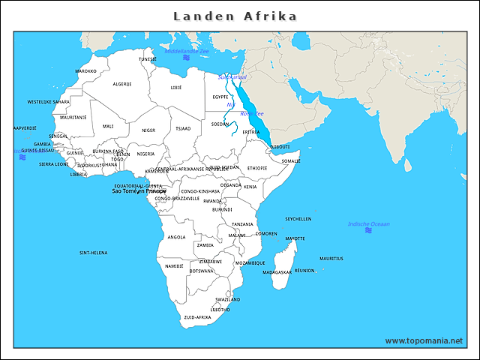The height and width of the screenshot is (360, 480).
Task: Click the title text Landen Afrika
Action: click(235, 16)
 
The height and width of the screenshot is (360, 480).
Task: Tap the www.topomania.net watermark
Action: click(424, 340)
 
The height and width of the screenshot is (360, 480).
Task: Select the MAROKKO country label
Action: click(85, 71)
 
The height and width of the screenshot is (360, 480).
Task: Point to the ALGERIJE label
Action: click(121, 84)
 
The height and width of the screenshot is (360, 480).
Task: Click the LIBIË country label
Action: click(176, 88)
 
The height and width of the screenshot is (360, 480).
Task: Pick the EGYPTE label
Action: click(220, 97)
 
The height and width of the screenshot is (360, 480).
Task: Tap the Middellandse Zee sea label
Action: click(186, 51)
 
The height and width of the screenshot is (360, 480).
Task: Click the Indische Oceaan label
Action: click(368, 223)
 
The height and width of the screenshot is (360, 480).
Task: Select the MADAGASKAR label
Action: click(277, 272)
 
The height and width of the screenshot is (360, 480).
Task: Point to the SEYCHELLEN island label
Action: click(298, 219)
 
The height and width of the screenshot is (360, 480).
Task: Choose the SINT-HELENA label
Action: click(93, 253)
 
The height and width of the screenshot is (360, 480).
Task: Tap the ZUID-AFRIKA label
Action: click(197, 317)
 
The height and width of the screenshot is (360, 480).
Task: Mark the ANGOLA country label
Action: click(176, 237)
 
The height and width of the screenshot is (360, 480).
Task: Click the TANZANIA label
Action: click(242, 224)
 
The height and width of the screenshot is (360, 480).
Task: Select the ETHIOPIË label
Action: click(257, 168)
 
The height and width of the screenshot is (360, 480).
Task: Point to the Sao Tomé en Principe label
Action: click(139, 191)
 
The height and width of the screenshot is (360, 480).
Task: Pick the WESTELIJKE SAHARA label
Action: click(49, 101)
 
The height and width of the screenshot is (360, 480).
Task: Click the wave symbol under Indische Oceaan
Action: click(368, 230)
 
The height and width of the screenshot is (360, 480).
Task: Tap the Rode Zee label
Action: click(251, 113)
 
